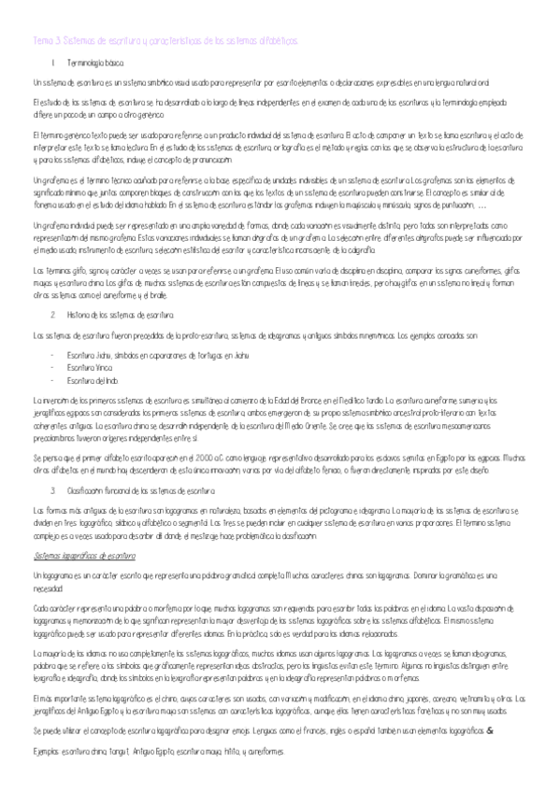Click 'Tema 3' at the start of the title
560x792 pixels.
43,41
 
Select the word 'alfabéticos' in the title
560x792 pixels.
275,41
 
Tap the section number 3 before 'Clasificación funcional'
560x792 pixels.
53,490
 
